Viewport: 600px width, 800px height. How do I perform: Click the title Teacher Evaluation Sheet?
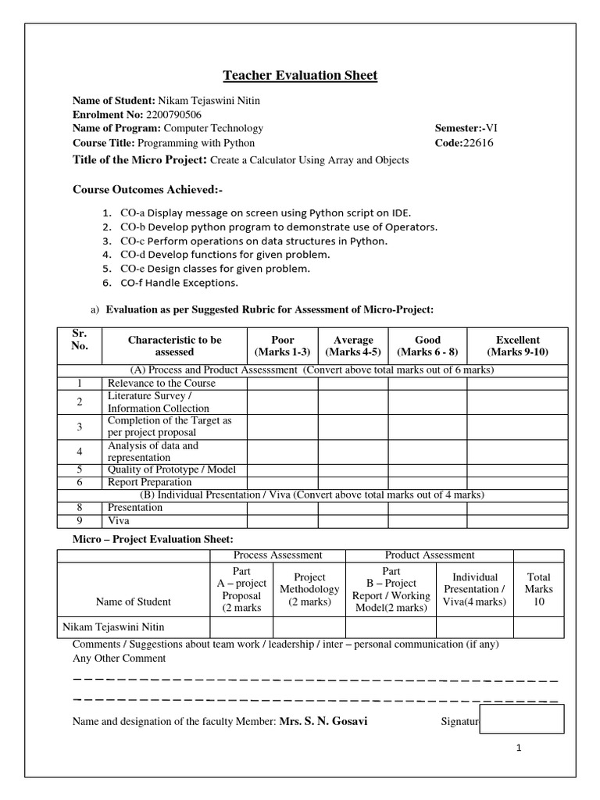[300, 76]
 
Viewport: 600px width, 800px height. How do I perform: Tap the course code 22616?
[478, 143]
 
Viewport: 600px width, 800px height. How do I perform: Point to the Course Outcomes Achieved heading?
[143, 190]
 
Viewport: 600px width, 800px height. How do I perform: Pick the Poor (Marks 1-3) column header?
[282, 346]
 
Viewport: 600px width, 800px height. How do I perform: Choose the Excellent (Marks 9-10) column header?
[517, 346]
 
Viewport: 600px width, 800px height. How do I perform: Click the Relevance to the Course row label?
[162, 384]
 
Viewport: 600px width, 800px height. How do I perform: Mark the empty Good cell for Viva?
[427, 520]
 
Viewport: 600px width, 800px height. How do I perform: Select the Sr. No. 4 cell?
[80, 452]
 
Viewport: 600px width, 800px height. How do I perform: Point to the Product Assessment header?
[430, 555]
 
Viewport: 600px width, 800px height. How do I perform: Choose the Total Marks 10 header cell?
[538, 589]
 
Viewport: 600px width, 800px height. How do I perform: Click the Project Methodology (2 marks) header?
[309, 589]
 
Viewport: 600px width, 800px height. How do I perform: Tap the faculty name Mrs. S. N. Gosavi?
[323, 721]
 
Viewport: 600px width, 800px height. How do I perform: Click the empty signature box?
[522, 719]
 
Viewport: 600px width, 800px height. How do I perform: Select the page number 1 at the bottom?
[518, 748]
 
